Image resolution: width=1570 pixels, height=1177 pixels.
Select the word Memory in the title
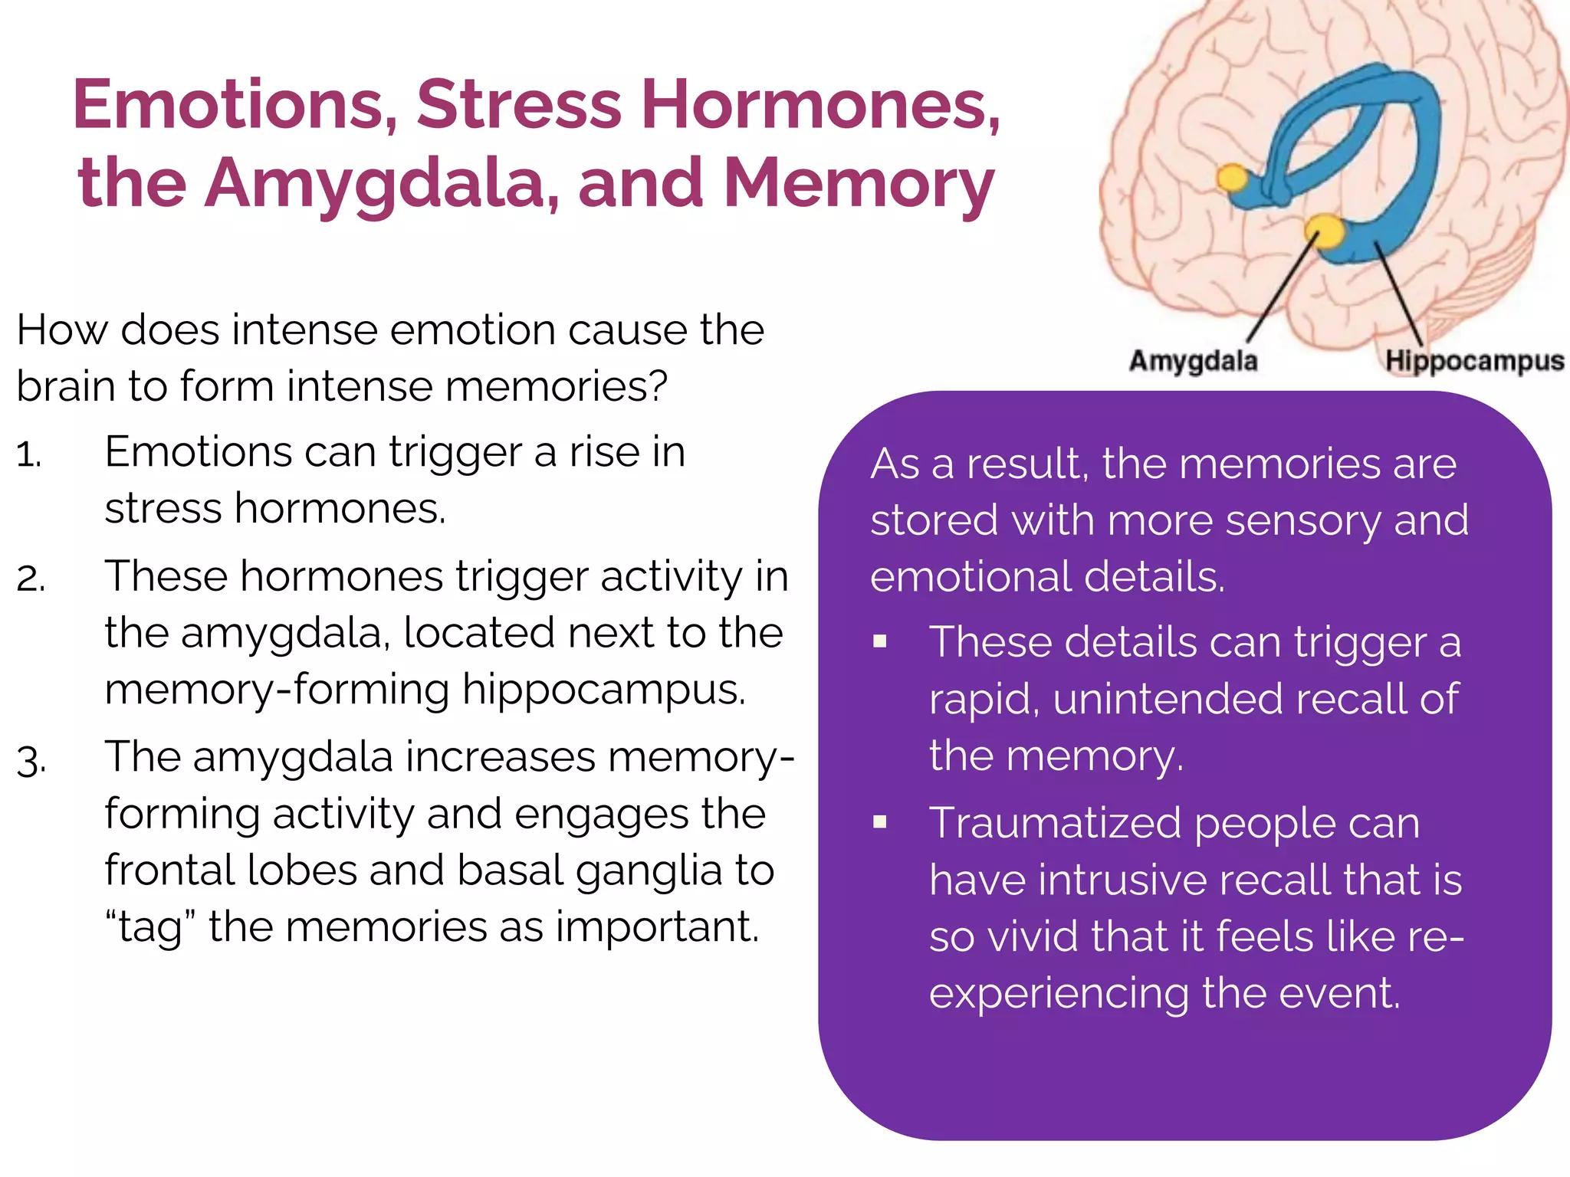(x=859, y=184)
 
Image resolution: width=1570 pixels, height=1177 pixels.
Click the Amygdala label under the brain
(x=1193, y=360)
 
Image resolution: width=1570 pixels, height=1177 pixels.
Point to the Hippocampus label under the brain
(x=1474, y=360)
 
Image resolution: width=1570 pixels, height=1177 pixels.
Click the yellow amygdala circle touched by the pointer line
(x=1324, y=229)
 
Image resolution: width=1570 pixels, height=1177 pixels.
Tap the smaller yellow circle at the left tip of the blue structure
(x=1232, y=178)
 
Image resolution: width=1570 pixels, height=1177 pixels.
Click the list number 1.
(x=28, y=455)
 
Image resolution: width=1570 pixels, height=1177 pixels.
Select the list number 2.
(x=31, y=579)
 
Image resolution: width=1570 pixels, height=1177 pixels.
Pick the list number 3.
(x=31, y=761)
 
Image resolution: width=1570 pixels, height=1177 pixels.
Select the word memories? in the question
(x=556, y=386)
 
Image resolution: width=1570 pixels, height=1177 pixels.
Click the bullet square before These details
(x=879, y=641)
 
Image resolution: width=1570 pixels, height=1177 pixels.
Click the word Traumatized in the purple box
(x=1055, y=824)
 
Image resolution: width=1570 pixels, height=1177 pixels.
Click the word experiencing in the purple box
(x=1059, y=994)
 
